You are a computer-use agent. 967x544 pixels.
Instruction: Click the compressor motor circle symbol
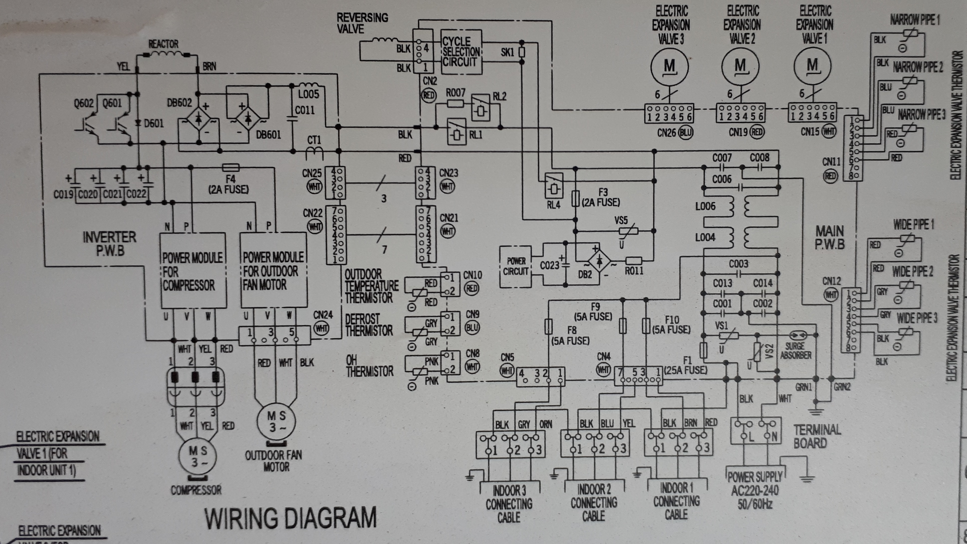tap(198, 456)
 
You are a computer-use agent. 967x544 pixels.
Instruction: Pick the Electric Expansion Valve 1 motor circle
tap(812, 66)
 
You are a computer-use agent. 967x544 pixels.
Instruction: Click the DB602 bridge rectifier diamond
tap(198, 119)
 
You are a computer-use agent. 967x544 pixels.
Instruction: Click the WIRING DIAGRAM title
tap(290, 518)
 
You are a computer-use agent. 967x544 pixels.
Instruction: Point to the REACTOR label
tap(163, 44)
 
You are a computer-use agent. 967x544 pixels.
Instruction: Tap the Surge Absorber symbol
tap(796, 335)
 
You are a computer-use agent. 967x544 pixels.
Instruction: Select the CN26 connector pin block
tap(669, 113)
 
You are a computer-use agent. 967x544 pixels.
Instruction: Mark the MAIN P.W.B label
tap(830, 237)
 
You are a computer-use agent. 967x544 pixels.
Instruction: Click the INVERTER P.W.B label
tap(110, 243)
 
